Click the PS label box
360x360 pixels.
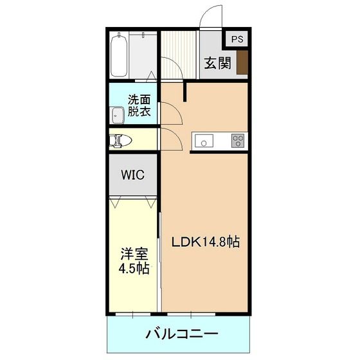coord(237,39)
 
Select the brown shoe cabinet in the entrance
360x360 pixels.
coord(242,63)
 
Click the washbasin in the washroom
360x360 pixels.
coord(118,116)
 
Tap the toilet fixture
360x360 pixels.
coord(120,139)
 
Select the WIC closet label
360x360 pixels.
coord(132,175)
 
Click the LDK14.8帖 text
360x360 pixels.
coord(205,242)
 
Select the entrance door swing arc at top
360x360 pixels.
coord(211,18)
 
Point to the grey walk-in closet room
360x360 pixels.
coord(132,183)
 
